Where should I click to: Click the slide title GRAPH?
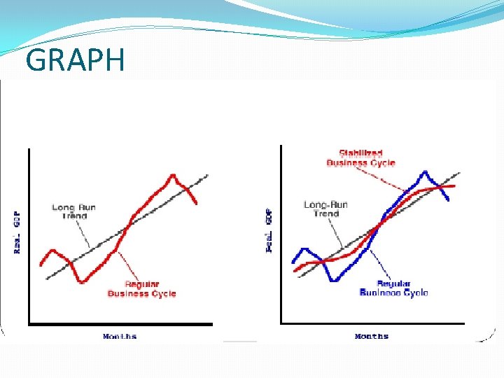[x=75, y=62]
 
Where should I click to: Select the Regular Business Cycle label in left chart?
[x=141, y=289]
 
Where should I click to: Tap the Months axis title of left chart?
[x=120, y=337]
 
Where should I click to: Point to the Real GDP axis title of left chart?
[x=17, y=232]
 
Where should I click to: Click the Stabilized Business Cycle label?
[x=360, y=158]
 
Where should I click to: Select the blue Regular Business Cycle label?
[x=393, y=288]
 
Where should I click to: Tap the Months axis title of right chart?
[x=372, y=337]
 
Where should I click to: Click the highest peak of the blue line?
[x=424, y=171]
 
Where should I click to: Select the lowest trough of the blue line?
[x=335, y=280]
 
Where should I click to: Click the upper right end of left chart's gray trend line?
[x=208, y=174]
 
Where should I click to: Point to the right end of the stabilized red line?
[x=455, y=185]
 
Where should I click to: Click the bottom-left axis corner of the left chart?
[x=29, y=324]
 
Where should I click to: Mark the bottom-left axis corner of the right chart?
[x=281, y=323]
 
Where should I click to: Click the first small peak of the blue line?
[x=302, y=248]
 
